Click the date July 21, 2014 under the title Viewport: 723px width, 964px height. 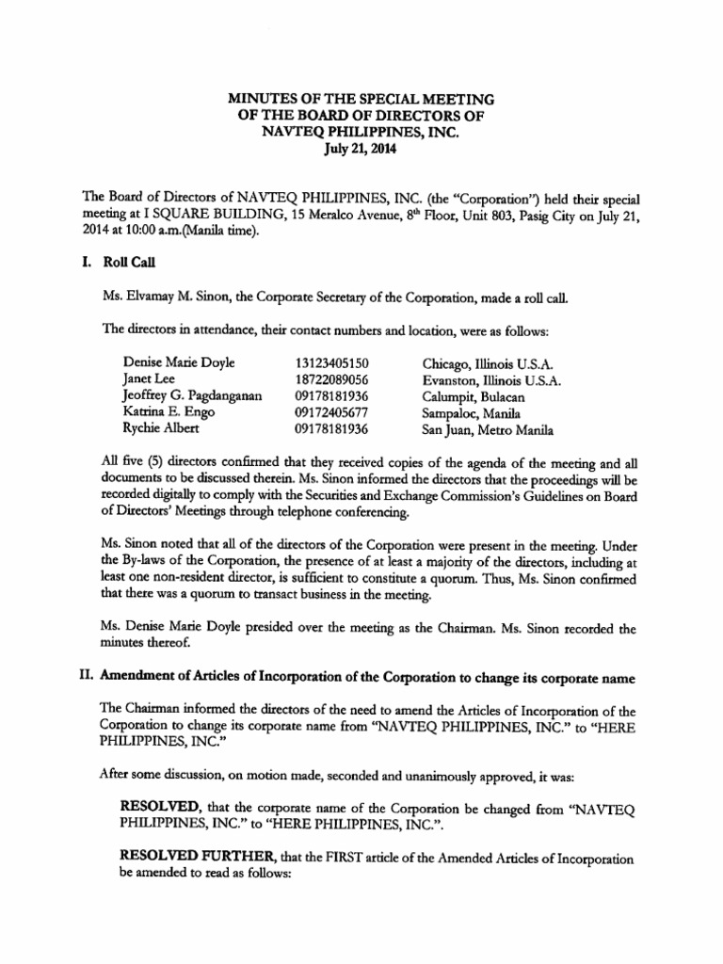[x=361, y=149]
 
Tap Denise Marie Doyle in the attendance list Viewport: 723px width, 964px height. [x=179, y=362]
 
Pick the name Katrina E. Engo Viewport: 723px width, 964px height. [x=168, y=413]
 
